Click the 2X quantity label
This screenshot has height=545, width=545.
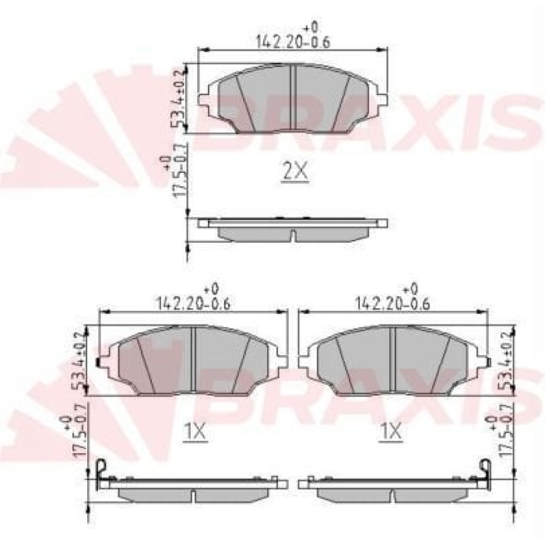point(294,171)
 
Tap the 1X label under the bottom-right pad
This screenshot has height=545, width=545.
point(390,431)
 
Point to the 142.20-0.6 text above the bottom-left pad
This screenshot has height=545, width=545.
point(193,302)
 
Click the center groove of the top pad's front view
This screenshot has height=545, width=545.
point(292,98)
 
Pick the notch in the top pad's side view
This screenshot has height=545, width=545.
point(292,236)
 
